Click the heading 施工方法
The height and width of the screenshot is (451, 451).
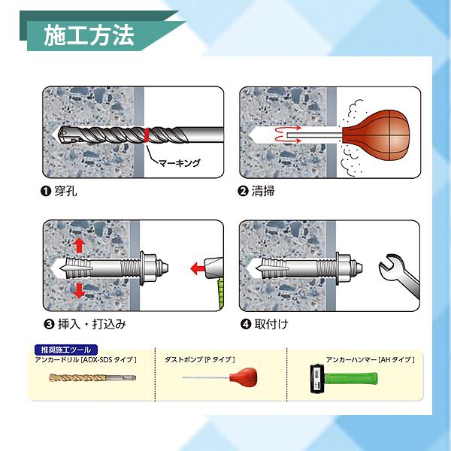pyautogui.click(x=89, y=35)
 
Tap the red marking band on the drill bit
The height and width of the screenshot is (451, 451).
pyautogui.click(x=147, y=135)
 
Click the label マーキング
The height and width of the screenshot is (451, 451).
pyautogui.click(x=179, y=163)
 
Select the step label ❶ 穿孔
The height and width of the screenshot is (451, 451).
pyautogui.click(x=59, y=191)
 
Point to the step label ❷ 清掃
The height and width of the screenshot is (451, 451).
pyautogui.click(x=256, y=191)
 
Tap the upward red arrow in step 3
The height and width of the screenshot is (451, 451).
pyautogui.click(x=79, y=246)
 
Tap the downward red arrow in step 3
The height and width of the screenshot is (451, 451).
pyautogui.click(x=79, y=290)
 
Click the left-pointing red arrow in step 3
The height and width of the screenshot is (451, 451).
pyautogui.click(x=198, y=268)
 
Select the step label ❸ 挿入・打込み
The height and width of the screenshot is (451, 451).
pyautogui.click(x=85, y=324)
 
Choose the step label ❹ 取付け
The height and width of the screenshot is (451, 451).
pyautogui.click(x=264, y=324)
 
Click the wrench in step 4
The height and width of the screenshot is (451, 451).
pyautogui.click(x=399, y=277)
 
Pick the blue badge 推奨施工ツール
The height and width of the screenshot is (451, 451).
pyautogui.click(x=66, y=350)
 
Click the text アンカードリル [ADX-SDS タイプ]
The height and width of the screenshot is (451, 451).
pyautogui.click(x=86, y=360)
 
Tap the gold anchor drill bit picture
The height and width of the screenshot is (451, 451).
pyautogui.click(x=92, y=377)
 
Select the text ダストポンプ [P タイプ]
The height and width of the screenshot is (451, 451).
pyautogui.click(x=200, y=359)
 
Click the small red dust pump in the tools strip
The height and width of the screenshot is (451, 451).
pyautogui.click(x=244, y=377)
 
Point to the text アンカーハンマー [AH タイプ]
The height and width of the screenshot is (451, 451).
pyautogui.click(x=370, y=359)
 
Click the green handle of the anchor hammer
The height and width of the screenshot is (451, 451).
pyautogui.click(x=351, y=379)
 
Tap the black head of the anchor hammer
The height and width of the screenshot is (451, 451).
pyautogui.click(x=317, y=378)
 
